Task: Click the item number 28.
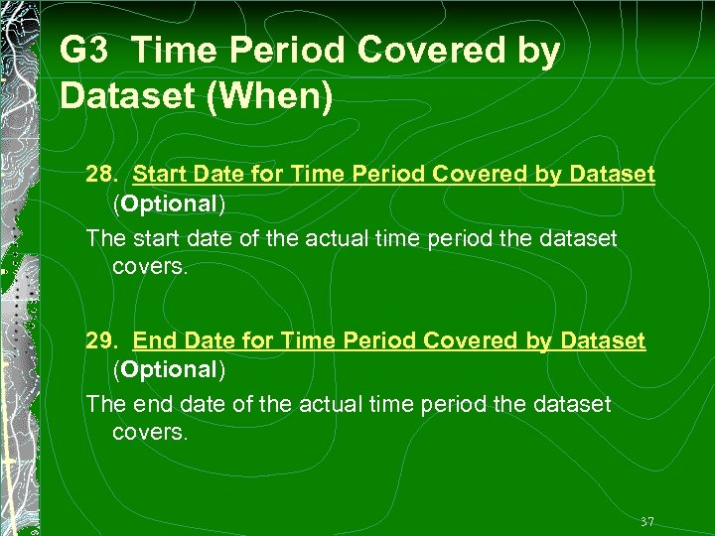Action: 103,176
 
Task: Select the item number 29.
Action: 103,341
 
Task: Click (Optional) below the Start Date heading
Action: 169,204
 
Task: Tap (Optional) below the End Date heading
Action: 169,370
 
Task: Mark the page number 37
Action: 647,522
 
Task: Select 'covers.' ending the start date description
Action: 149,267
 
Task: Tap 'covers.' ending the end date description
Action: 149,433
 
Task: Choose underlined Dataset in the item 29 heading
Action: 603,341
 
